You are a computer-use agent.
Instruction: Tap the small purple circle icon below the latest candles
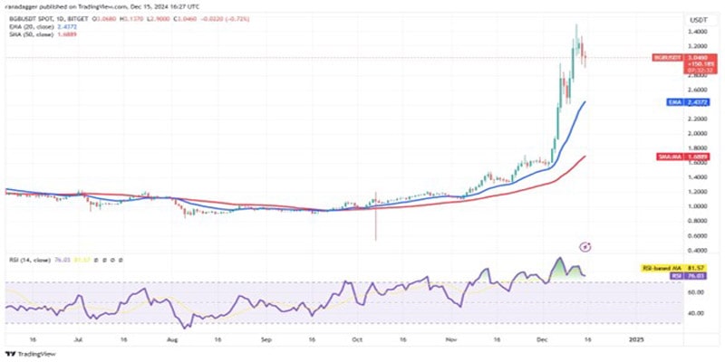pos(586,246)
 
